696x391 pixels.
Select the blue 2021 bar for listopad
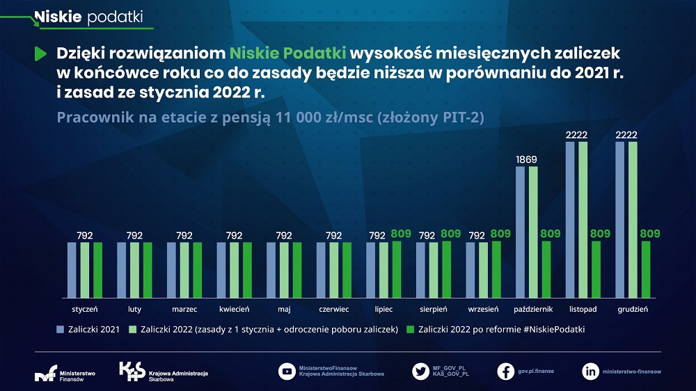(x=570, y=219)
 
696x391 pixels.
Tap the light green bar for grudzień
(x=633, y=219)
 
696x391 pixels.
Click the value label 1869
(x=526, y=159)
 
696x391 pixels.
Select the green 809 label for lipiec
(x=401, y=234)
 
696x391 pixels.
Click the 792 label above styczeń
(x=85, y=235)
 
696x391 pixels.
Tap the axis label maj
(x=284, y=308)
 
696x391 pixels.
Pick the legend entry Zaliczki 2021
(x=88, y=329)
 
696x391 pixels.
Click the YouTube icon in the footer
(x=286, y=371)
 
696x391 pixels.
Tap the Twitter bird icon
(x=420, y=371)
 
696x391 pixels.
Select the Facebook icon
(x=506, y=371)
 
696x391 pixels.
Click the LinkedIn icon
(x=590, y=371)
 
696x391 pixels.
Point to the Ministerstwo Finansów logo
(x=65, y=374)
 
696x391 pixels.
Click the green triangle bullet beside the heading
(x=41, y=54)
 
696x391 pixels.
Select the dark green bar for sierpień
(x=447, y=269)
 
